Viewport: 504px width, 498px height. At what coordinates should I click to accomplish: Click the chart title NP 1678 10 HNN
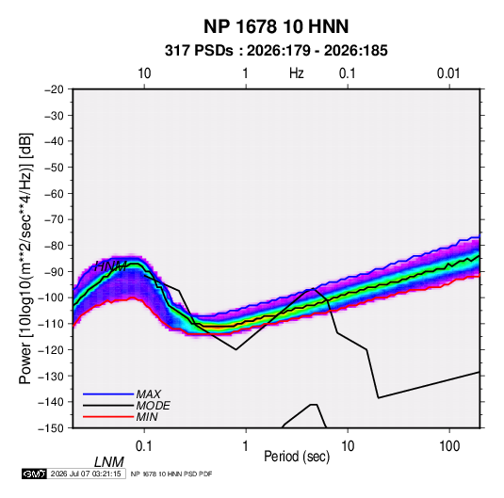coord(276,26)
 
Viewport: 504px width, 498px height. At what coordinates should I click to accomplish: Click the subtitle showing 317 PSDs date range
coord(276,51)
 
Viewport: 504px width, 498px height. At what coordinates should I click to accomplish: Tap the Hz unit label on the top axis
coord(297,73)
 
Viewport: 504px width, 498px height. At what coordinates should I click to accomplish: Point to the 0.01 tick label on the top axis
coord(448,73)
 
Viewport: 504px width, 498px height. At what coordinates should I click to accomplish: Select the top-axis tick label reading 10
coord(144,73)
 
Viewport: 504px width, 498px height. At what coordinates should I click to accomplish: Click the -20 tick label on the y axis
coord(54,89)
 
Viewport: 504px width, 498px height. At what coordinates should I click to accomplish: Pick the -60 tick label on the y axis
coord(54,193)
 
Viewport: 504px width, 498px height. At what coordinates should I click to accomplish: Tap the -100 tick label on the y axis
coord(51,297)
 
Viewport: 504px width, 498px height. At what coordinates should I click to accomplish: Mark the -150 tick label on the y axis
coord(51,428)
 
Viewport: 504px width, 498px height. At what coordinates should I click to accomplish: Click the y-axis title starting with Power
coord(25,259)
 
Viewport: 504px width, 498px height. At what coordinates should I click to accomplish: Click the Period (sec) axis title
coord(297,457)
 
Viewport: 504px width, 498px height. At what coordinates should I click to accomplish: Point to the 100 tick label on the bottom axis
coord(449,446)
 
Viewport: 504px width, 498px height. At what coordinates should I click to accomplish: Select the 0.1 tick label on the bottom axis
coord(143,446)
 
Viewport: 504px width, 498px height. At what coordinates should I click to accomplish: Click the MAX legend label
coord(149,394)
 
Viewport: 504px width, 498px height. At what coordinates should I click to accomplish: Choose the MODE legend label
coord(153,406)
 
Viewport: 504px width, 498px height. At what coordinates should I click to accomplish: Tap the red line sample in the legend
coord(108,417)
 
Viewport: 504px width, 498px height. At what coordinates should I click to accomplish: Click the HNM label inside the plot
coord(110,266)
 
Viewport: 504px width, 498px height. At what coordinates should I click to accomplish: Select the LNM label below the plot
coord(109,462)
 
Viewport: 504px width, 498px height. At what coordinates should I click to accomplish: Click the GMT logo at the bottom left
coord(35,474)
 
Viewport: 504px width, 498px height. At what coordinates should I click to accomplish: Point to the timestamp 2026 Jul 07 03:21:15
coord(86,474)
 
